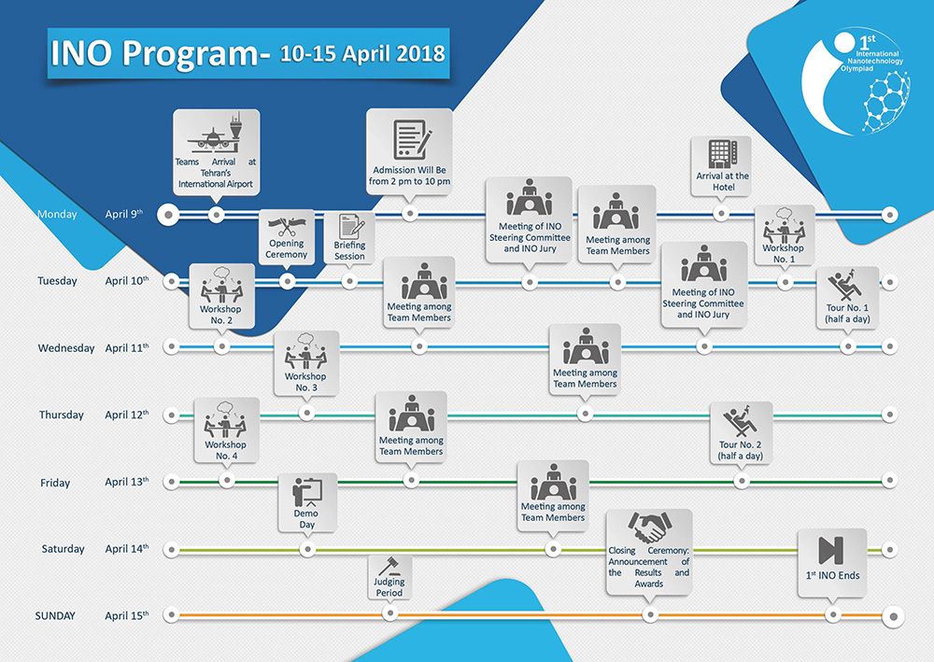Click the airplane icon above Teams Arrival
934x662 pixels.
[x=216, y=135]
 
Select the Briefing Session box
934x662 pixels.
[x=349, y=237]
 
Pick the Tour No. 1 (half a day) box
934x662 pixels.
[x=847, y=297]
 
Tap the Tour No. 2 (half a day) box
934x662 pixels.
[x=741, y=432]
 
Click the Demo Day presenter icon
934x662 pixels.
[x=306, y=491]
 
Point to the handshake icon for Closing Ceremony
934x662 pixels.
[x=648, y=528]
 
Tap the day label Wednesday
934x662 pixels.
[x=66, y=348]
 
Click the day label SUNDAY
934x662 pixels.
[x=55, y=616]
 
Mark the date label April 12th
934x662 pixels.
[x=126, y=415]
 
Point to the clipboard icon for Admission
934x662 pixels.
[x=410, y=139]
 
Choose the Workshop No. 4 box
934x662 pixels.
[x=225, y=430]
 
